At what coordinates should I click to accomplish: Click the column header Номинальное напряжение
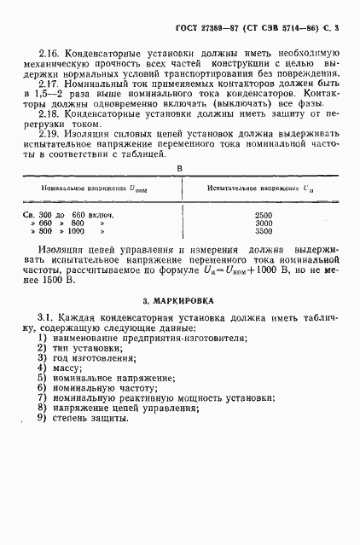(x=89, y=187)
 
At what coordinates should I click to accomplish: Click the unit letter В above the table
(x=178, y=168)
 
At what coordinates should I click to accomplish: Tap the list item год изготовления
(x=96, y=358)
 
